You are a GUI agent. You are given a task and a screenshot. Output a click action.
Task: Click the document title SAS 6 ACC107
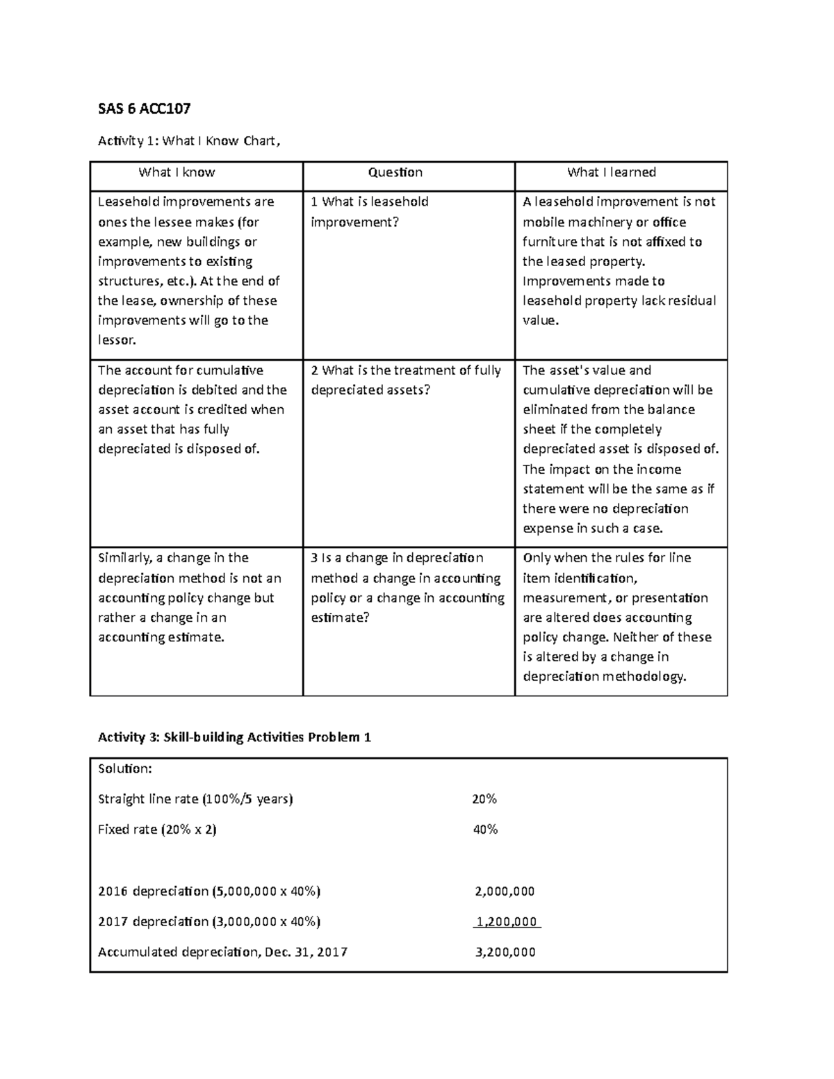tap(144, 108)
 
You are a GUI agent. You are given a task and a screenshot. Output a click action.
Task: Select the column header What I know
tap(177, 172)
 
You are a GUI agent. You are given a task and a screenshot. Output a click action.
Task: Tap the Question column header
tap(395, 172)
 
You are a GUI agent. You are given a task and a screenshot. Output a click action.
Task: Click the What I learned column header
tap(611, 172)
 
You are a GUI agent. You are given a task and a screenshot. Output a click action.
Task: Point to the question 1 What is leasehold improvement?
tap(369, 212)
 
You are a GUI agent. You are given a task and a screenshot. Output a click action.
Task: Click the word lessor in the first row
tap(117, 340)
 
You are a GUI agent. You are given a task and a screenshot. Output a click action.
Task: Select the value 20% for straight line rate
tap(484, 799)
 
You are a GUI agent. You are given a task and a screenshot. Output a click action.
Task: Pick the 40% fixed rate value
tap(484, 830)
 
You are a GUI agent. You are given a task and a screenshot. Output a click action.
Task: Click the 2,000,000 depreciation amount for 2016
tap(505, 891)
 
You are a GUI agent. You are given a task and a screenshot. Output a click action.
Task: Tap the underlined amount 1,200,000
tap(506, 922)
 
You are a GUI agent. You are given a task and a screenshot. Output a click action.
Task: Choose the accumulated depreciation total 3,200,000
tap(505, 953)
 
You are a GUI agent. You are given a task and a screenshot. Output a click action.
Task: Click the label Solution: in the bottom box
tap(124, 768)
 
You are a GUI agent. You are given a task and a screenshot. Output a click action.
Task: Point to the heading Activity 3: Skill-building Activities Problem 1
tap(234, 737)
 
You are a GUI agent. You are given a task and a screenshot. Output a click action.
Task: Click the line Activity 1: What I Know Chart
tap(189, 141)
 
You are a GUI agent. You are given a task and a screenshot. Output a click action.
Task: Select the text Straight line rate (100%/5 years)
tap(195, 799)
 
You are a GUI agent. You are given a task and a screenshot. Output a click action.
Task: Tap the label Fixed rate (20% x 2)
tap(157, 830)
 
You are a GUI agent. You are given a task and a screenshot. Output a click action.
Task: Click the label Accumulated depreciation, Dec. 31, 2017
tap(222, 953)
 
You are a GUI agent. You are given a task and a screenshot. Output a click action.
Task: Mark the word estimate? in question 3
tap(340, 618)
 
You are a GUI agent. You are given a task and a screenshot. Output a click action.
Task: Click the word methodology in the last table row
tap(644, 677)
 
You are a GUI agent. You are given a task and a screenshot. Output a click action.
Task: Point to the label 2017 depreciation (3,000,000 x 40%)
tap(209, 922)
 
